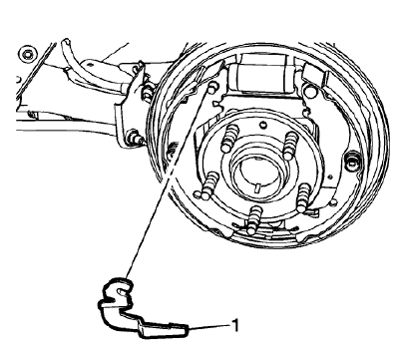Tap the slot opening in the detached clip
tap(117, 290)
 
